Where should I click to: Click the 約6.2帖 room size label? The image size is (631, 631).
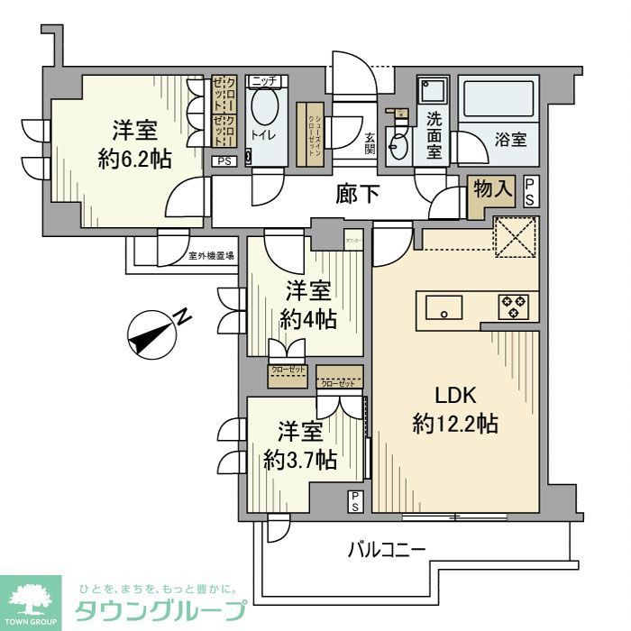(x=135, y=159)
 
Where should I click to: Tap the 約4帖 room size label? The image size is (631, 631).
(x=308, y=319)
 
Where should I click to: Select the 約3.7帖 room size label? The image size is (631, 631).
(x=301, y=460)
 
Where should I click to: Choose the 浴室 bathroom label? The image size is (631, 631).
(x=509, y=141)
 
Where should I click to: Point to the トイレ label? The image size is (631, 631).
(x=263, y=136)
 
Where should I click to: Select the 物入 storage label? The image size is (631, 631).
(x=493, y=189)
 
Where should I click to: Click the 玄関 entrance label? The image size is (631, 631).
(x=370, y=144)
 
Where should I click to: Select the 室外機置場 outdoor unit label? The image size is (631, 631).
(x=211, y=256)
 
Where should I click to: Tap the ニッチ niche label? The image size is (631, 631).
(x=263, y=81)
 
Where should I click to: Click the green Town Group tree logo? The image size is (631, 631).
(x=30, y=600)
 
